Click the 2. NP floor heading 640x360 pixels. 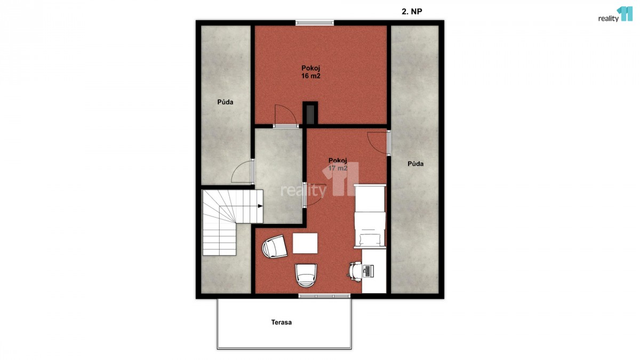click(x=412, y=11)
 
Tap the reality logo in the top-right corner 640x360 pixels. click(x=615, y=14)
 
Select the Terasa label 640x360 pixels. click(x=282, y=322)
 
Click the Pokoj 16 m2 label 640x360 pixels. click(x=311, y=72)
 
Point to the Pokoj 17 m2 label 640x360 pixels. click(x=338, y=164)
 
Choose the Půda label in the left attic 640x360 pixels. click(x=225, y=102)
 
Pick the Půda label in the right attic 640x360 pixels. click(x=415, y=164)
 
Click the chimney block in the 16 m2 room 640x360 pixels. click(x=310, y=113)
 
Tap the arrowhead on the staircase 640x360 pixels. click(x=260, y=206)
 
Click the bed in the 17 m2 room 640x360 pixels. click(x=370, y=217)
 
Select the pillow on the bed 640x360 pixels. click(x=370, y=239)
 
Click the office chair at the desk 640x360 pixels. click(x=355, y=271)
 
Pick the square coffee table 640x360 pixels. click(x=305, y=243)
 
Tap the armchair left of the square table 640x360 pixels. click(x=274, y=247)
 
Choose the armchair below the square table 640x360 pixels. click(x=306, y=275)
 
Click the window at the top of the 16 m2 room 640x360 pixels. click(x=315, y=23)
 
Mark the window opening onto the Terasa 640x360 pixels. click(x=324, y=296)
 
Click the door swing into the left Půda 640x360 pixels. click(x=243, y=171)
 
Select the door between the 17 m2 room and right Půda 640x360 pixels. click(x=379, y=143)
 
